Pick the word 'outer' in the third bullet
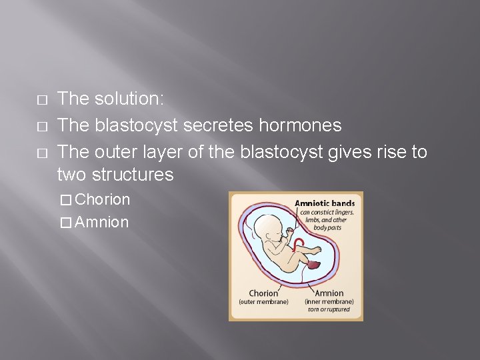[114, 152]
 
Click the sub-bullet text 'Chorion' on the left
[103, 199]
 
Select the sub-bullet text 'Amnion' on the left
[102, 222]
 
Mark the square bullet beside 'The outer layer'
[42, 153]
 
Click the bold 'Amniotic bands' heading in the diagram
[325, 203]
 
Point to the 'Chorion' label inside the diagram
[263, 293]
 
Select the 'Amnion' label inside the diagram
[329, 293]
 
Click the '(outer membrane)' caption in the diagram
[263, 302]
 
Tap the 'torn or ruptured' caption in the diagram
[329, 309]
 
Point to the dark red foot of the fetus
[314, 265]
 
